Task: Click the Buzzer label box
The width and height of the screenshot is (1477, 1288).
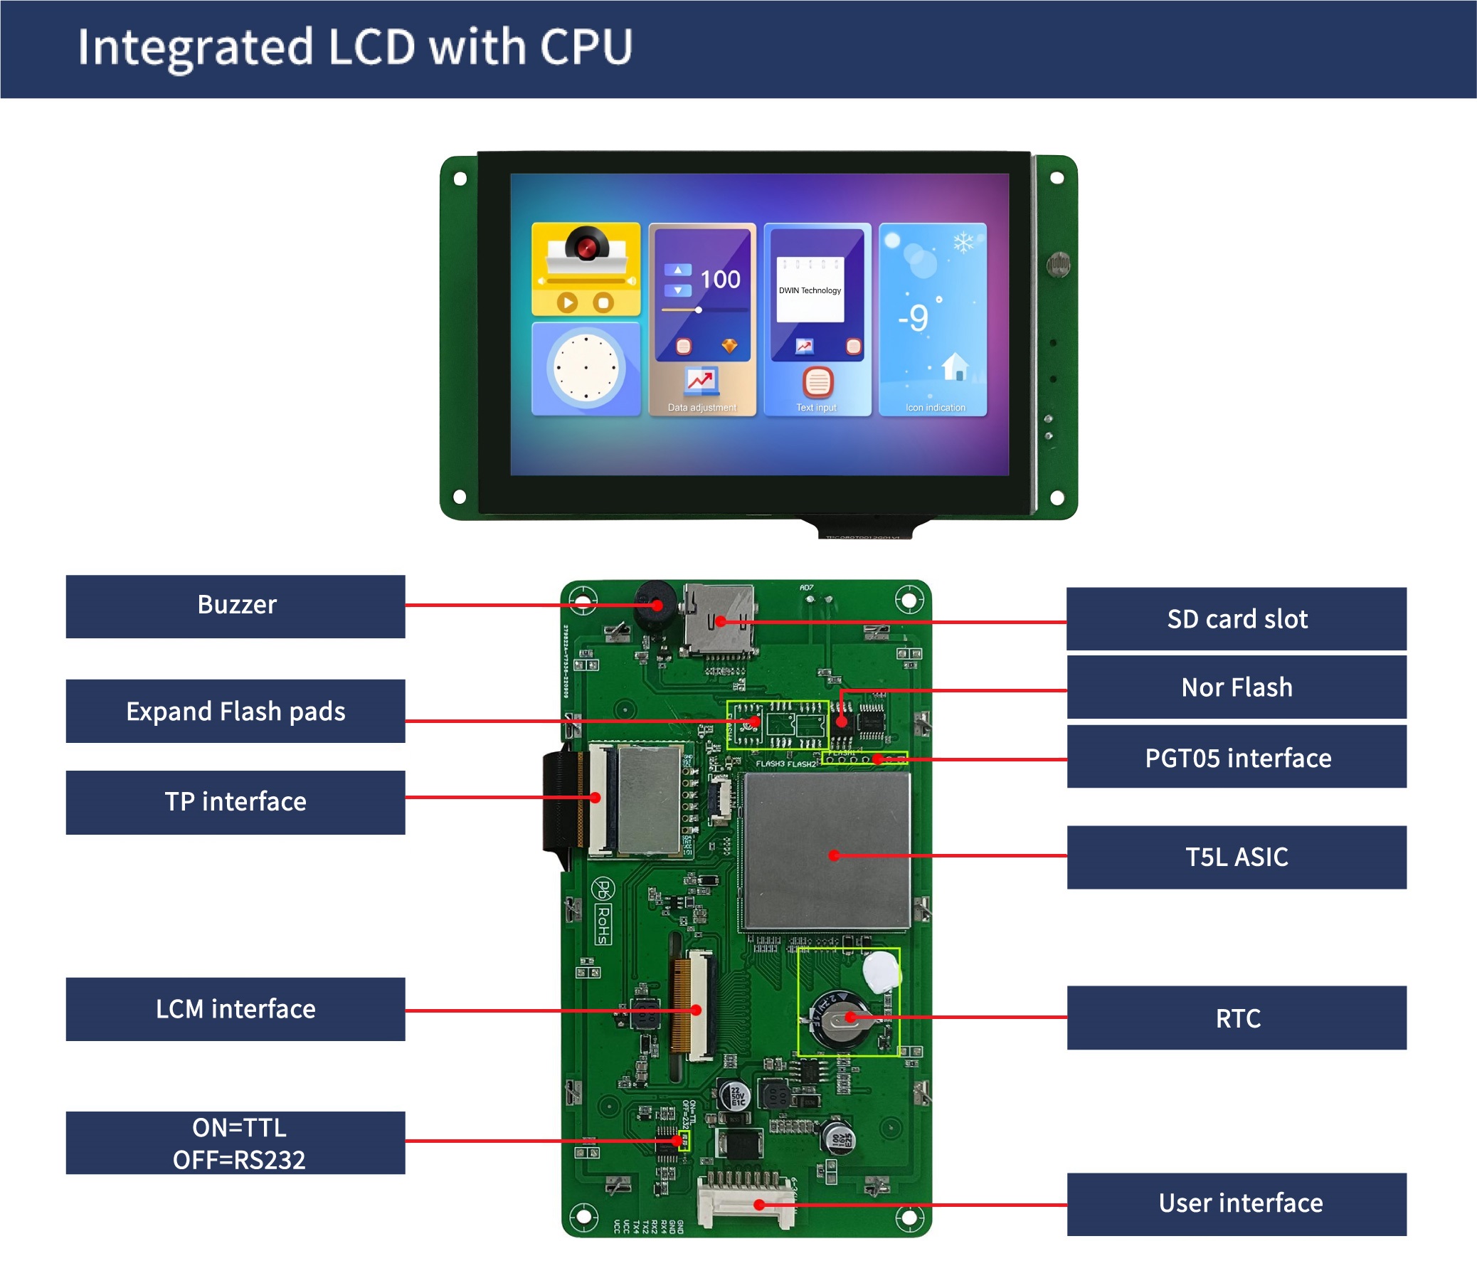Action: (x=235, y=606)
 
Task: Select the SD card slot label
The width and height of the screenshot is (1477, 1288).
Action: (x=1236, y=619)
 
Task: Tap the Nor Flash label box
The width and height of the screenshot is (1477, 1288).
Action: (x=1236, y=687)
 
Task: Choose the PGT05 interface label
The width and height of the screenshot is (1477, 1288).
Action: (x=1236, y=758)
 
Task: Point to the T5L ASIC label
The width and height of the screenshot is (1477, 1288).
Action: (x=1236, y=857)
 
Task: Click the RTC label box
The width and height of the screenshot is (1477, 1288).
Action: (x=1236, y=1018)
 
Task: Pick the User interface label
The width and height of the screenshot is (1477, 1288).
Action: (x=1236, y=1203)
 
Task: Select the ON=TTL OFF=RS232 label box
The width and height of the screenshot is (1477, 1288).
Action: (x=235, y=1143)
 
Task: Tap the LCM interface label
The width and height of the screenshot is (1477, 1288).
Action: (x=235, y=1008)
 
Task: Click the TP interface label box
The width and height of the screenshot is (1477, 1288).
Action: (x=235, y=801)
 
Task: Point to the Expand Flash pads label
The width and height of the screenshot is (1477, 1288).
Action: (x=235, y=711)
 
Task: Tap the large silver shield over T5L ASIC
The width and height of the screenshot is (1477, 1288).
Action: (x=827, y=852)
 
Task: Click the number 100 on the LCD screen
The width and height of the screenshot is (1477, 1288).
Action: (x=720, y=280)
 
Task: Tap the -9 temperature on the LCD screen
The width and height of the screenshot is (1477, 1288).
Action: (x=914, y=317)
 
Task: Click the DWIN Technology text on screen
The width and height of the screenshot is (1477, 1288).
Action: (x=810, y=290)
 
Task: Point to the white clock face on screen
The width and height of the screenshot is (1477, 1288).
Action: (x=586, y=367)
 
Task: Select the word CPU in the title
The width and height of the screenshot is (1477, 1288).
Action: (x=586, y=47)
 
